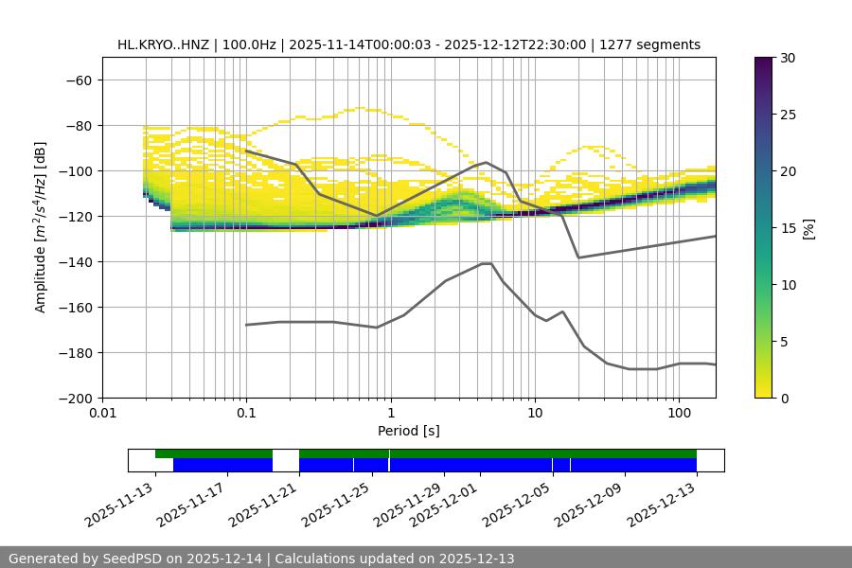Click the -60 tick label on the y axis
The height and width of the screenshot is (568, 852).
[77, 80]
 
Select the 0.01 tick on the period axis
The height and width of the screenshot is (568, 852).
[102, 414]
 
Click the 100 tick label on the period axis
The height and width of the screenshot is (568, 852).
[679, 414]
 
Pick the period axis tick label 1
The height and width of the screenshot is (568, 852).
[390, 414]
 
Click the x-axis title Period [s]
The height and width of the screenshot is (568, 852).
[408, 431]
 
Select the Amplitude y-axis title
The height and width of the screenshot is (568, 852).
[41, 227]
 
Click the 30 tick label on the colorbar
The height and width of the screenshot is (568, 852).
[788, 58]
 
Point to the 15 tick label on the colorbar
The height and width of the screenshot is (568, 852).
[788, 228]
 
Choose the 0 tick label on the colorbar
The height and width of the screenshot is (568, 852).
[784, 398]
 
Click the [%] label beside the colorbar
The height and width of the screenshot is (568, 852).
[808, 227]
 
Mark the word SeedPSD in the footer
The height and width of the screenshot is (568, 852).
[133, 559]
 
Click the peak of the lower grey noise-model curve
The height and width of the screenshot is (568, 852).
[487, 263]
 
